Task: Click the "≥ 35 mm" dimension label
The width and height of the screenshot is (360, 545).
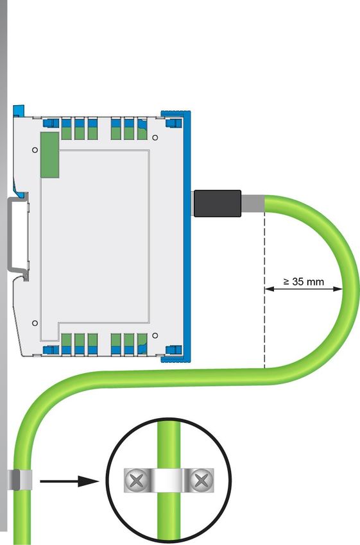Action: (x=304, y=281)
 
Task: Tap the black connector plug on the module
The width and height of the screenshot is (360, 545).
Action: (x=217, y=203)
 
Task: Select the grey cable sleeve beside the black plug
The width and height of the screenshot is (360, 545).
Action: (x=253, y=204)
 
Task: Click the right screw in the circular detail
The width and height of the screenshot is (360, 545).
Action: (x=201, y=480)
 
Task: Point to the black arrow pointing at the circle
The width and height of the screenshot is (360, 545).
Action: (x=69, y=482)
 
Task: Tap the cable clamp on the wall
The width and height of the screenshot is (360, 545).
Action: (x=19, y=480)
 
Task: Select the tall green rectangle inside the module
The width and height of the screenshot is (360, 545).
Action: (x=50, y=155)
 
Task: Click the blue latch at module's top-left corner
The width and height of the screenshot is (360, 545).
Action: (x=19, y=110)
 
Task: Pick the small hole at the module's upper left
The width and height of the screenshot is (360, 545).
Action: (x=35, y=150)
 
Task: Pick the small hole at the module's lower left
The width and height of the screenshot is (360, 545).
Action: (x=35, y=323)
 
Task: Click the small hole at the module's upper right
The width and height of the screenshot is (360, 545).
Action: (x=155, y=138)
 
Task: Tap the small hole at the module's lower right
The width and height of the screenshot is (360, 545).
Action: (x=155, y=335)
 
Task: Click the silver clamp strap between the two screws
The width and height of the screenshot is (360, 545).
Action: (x=169, y=480)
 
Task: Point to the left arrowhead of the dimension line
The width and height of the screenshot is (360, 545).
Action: (x=269, y=289)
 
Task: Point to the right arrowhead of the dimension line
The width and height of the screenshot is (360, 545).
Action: (x=338, y=289)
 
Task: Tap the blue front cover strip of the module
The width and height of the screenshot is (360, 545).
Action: (x=187, y=237)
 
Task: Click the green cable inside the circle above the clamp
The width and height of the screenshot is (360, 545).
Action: (x=169, y=444)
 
